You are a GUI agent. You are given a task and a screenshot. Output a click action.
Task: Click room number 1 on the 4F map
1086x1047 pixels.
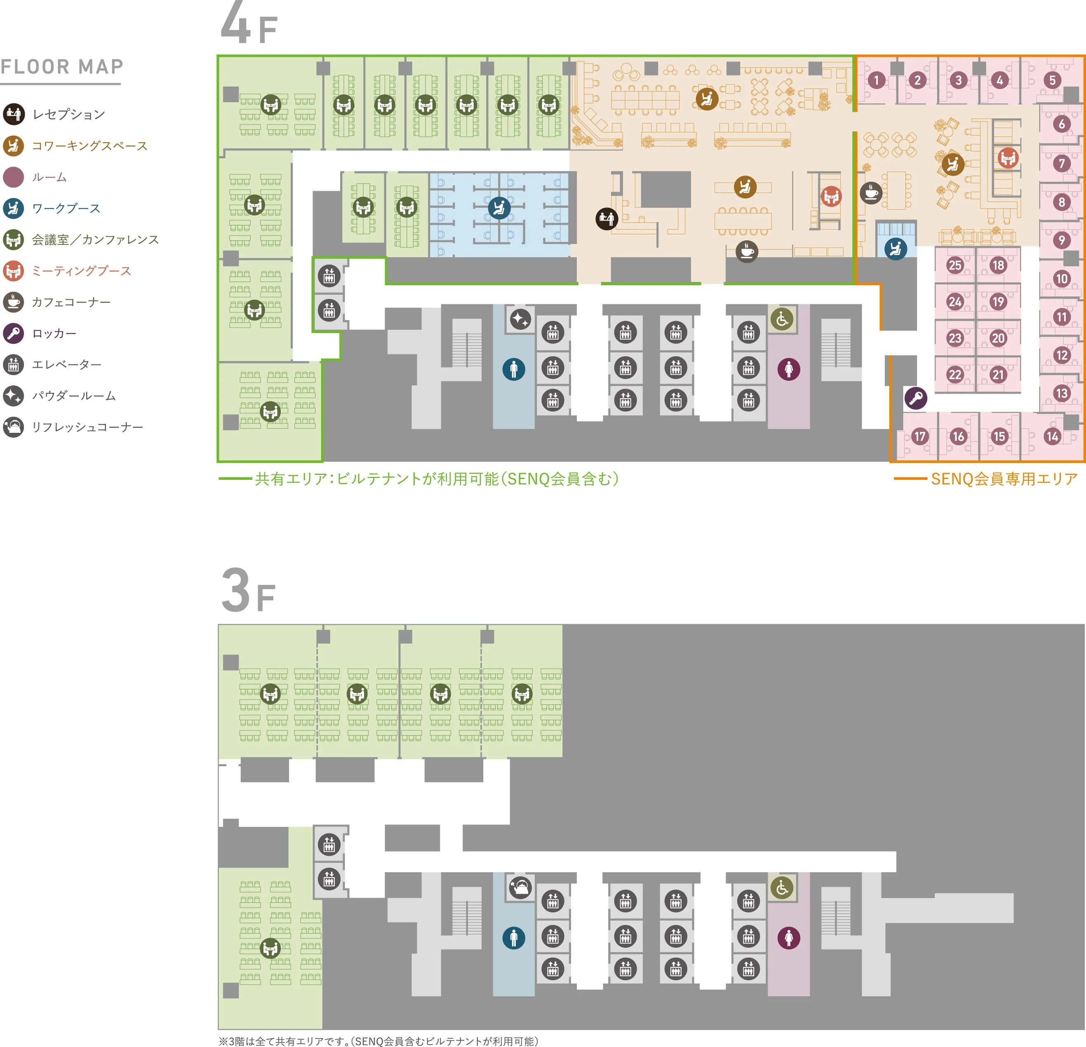pyautogui.click(x=876, y=80)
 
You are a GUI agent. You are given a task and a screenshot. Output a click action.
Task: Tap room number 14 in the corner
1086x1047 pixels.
pyautogui.click(x=1052, y=437)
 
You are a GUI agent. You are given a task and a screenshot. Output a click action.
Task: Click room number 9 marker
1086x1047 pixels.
pyautogui.click(x=1062, y=240)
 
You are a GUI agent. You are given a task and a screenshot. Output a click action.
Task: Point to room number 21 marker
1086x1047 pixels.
pyautogui.click(x=998, y=374)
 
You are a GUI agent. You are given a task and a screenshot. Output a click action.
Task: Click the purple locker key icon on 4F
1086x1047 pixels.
pyautogui.click(x=915, y=398)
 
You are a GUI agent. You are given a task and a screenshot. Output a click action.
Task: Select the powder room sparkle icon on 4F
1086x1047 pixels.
pyautogui.click(x=520, y=319)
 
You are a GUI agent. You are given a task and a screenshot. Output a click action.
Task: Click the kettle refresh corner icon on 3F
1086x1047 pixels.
pyautogui.click(x=520, y=887)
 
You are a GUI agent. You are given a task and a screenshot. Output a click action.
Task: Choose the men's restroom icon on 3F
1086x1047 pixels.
pyautogui.click(x=514, y=938)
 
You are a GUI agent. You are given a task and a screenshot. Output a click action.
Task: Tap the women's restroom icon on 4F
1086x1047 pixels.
pyautogui.click(x=788, y=369)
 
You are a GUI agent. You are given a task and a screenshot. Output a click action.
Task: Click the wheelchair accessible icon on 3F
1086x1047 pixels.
pyautogui.click(x=782, y=887)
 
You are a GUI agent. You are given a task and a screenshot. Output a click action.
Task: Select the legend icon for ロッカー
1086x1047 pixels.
pyautogui.click(x=13, y=333)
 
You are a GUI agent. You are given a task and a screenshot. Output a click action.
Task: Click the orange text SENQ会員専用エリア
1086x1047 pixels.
pyautogui.click(x=1004, y=479)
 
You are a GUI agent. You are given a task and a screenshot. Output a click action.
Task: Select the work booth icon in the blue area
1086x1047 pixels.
pyautogui.click(x=499, y=208)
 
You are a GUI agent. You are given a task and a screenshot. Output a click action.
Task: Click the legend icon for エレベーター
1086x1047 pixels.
pyautogui.click(x=13, y=364)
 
